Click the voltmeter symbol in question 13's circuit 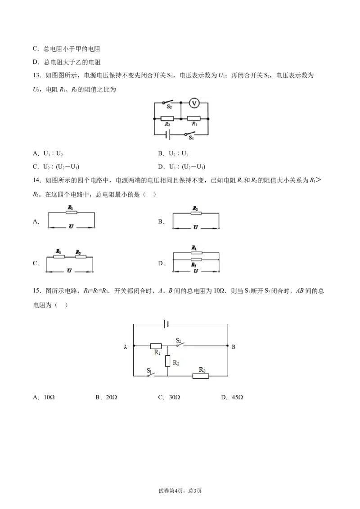194,103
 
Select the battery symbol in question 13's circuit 167,134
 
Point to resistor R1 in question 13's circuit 194,119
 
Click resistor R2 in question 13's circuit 167,119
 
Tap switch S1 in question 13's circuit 189,133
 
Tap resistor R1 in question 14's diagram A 71,212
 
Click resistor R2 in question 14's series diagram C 81,257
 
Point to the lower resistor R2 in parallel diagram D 196,260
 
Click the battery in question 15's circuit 166,324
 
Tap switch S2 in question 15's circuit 180,344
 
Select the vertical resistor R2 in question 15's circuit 168,361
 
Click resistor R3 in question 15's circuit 200,376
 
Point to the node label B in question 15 233,347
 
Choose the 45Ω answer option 232,397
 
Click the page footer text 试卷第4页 171,491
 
